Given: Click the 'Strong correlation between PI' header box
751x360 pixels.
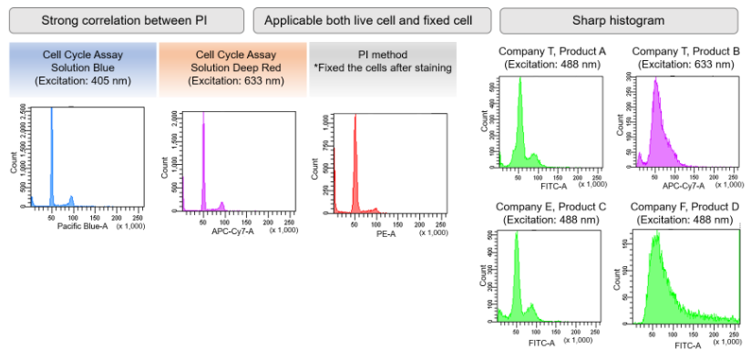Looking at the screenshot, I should [127, 19].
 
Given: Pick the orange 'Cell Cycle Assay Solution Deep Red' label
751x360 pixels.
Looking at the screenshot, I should [231, 67].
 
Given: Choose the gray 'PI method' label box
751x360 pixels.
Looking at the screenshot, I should [382, 67].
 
